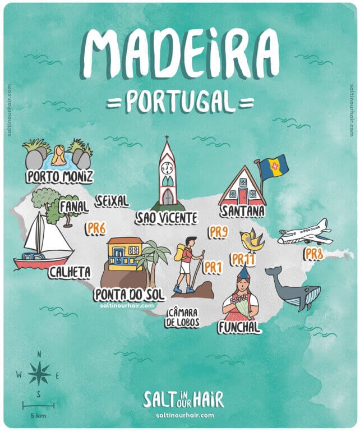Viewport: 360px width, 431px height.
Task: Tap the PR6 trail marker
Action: [x=96, y=227]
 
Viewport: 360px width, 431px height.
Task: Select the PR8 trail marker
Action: [x=314, y=254]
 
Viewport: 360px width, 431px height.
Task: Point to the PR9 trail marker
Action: [x=218, y=231]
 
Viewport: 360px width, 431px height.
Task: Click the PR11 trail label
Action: [x=243, y=259]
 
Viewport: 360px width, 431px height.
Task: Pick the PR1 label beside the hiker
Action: [x=213, y=267]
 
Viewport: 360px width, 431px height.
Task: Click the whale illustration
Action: [x=294, y=289]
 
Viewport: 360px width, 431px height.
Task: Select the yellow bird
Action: [x=251, y=240]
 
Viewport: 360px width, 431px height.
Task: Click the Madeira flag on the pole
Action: [x=274, y=165]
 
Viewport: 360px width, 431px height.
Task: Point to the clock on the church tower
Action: [x=167, y=168]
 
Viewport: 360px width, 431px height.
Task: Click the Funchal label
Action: [x=239, y=327]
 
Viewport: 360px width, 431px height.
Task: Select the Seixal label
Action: [x=112, y=201]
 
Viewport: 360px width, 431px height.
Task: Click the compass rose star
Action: [x=39, y=373]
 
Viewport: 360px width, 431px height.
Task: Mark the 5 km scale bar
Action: [x=38, y=405]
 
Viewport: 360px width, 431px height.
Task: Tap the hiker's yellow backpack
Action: [x=180, y=254]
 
